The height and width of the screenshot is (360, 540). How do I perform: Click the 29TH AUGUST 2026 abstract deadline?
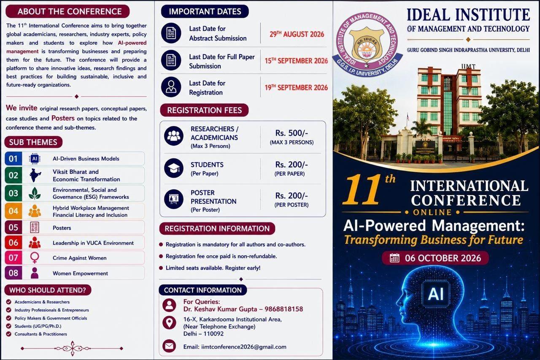297,34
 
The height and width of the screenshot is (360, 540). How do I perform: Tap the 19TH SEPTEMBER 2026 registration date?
296,87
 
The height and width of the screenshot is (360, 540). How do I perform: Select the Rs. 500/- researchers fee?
292,133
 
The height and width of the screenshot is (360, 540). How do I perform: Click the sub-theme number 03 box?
13,193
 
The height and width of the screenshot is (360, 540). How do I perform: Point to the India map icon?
35,175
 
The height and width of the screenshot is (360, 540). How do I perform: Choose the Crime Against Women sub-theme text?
80,258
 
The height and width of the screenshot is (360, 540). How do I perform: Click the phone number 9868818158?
284,309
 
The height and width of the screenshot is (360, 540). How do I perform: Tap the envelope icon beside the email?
169,346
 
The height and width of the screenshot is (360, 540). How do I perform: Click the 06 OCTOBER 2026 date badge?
435,258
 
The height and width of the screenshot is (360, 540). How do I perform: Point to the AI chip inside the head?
436,294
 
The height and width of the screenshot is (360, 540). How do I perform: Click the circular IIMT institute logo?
367,45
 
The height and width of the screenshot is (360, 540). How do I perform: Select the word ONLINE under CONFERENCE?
432,212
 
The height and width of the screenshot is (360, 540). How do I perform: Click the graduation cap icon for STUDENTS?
173,168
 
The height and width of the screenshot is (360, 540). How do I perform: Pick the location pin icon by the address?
169,322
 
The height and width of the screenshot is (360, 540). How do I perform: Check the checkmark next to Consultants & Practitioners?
9,334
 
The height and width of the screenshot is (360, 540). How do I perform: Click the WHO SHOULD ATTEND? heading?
48,290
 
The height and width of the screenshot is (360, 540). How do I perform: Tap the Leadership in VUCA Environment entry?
93,243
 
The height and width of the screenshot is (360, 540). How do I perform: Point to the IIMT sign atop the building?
468,67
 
